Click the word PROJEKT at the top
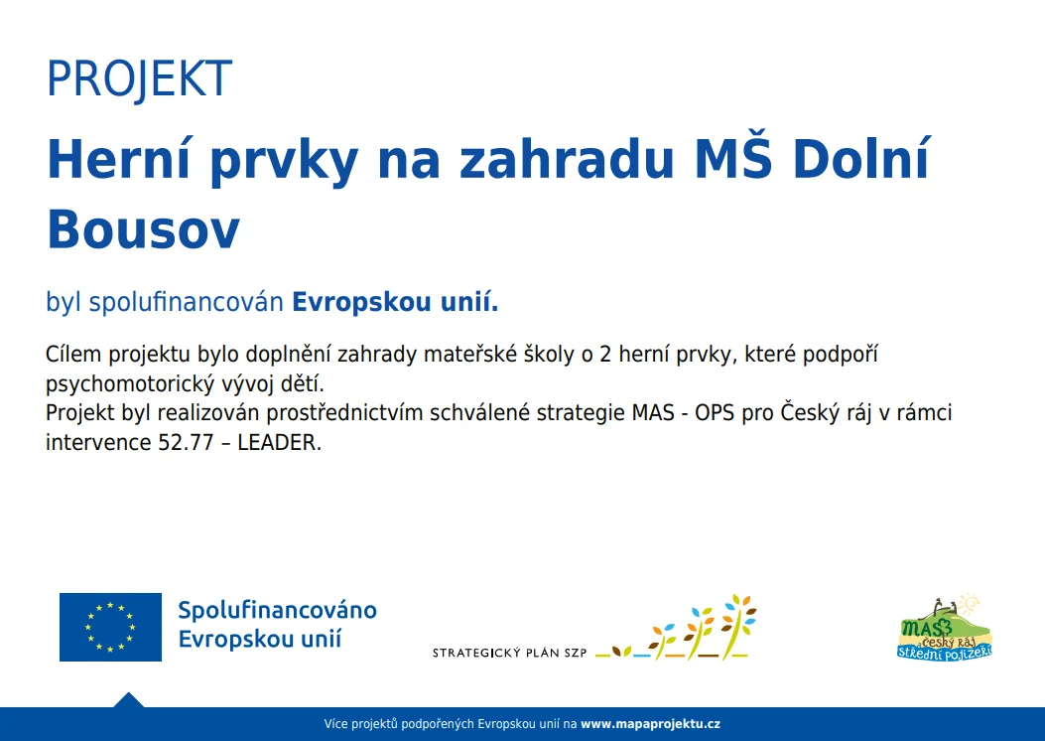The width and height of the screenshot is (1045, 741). click(x=139, y=79)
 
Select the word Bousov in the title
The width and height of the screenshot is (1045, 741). click(x=143, y=228)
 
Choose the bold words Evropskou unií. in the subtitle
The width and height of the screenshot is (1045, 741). click(x=395, y=302)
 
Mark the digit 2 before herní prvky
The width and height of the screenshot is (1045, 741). click(x=604, y=356)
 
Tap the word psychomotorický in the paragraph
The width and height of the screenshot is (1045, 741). click(x=122, y=383)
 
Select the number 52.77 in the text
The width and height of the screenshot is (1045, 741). click(x=182, y=443)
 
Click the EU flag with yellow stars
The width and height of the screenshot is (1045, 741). click(x=110, y=627)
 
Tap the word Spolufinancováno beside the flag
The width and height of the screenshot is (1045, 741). click(x=277, y=610)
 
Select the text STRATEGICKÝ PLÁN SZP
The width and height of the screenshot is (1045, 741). click(x=509, y=653)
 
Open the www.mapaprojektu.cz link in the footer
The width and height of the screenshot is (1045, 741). click(x=650, y=724)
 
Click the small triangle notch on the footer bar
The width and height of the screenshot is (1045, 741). click(x=128, y=700)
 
